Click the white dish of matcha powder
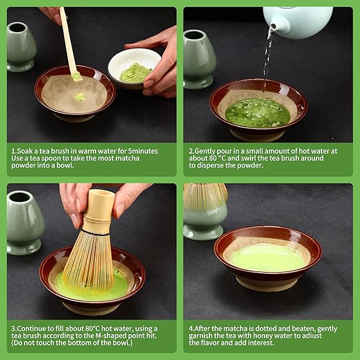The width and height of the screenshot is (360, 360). [134, 69]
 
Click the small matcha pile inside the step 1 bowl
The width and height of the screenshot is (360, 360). [80, 97]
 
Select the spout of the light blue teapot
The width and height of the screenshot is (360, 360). [275, 25]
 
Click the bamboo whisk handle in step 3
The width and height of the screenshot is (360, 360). [99, 209]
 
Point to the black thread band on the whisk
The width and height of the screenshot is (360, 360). [96, 233]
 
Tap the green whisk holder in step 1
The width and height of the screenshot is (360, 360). [21, 47]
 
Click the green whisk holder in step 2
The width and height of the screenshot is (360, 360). [199, 59]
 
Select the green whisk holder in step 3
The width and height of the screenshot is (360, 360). [25, 223]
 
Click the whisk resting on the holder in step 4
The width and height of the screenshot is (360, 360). [205, 197]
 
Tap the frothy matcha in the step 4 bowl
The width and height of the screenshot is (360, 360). [268, 258]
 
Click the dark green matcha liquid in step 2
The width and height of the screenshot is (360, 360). [258, 113]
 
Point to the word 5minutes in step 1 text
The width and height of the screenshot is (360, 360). [143, 151]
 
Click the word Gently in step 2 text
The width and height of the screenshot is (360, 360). [204, 151]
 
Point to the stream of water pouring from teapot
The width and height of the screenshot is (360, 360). [268, 59]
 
